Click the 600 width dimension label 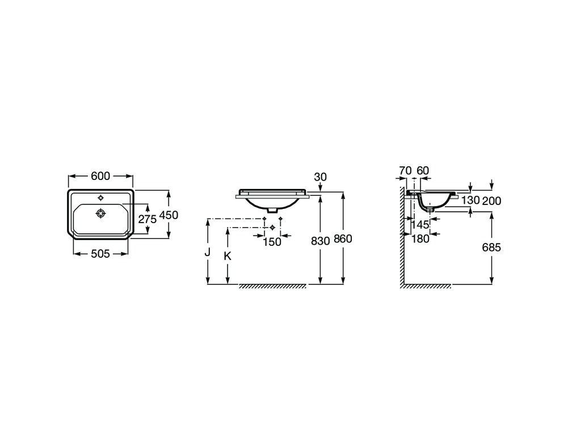click(x=100, y=176)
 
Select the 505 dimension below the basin click(x=100, y=254)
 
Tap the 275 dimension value click(x=148, y=219)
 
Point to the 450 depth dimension click(x=169, y=215)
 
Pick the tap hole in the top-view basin click(x=101, y=197)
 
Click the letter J click(x=208, y=252)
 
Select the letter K click(x=228, y=256)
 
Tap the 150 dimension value click(x=272, y=242)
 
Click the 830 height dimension click(x=320, y=241)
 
